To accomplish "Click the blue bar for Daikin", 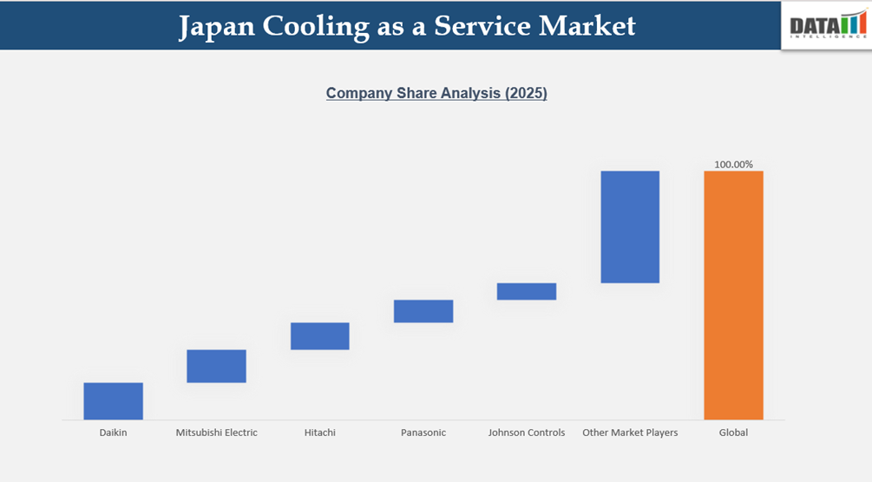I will (x=113, y=401).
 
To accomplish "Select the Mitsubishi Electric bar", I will (x=216, y=366).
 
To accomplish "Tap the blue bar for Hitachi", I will (x=319, y=336).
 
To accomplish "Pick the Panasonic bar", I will (x=423, y=311).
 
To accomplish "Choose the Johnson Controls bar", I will (x=526, y=291).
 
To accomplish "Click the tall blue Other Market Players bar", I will (x=630, y=227).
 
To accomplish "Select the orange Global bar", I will (x=733, y=295).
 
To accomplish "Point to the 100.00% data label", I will (x=733, y=164).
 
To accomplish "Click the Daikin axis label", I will (x=113, y=432).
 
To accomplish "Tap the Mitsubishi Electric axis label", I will (x=216, y=432).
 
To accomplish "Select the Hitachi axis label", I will (x=319, y=432).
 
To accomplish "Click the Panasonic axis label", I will (x=423, y=432).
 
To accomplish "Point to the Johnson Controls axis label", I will (x=526, y=432).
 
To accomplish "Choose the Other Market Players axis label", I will (x=630, y=432).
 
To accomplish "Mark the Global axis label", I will (x=733, y=432).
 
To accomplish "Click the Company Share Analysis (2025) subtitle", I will (x=436, y=94).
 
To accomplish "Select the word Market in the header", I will (x=587, y=26).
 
